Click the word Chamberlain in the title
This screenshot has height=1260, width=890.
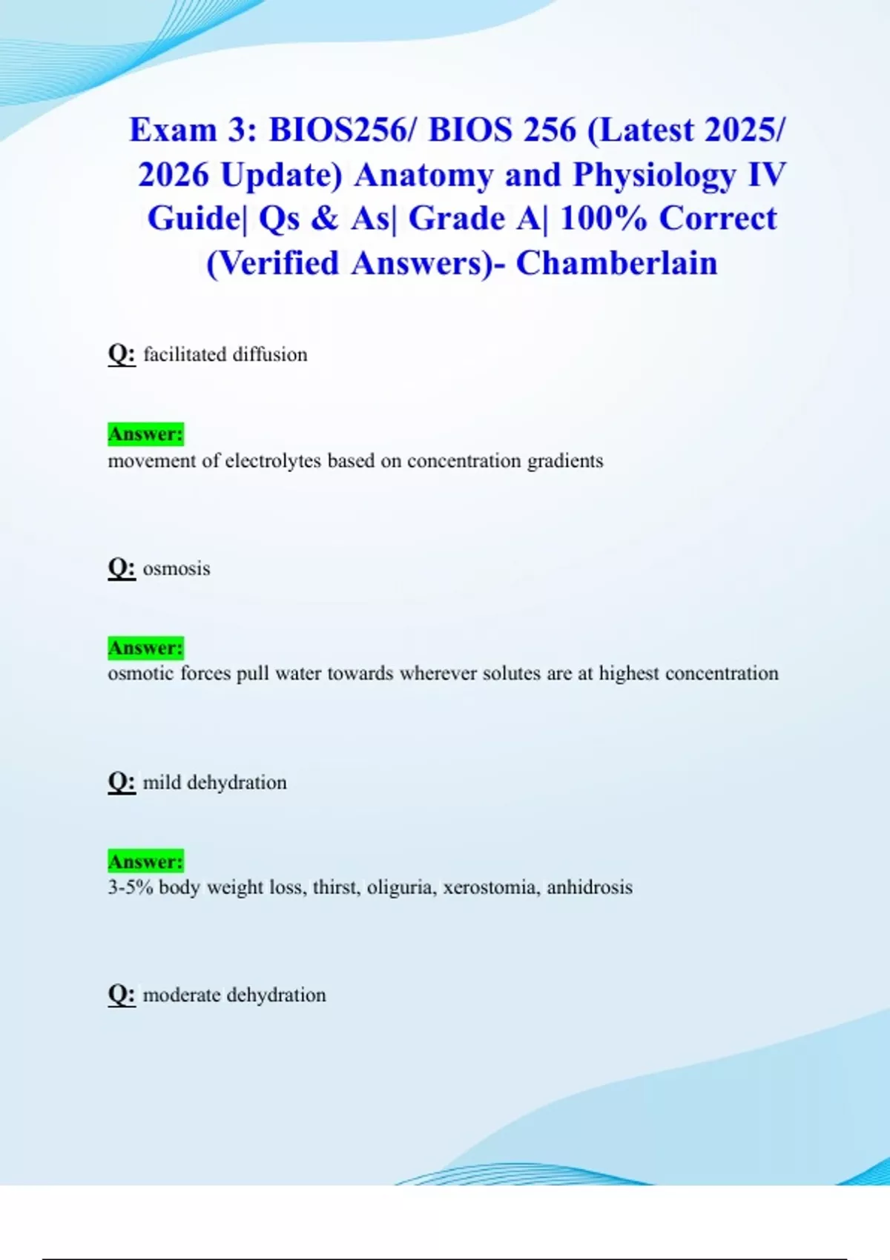(616, 263)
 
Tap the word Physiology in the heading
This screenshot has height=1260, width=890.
(653, 176)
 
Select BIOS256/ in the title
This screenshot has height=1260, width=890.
(338, 130)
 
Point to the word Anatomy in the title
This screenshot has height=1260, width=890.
(423, 176)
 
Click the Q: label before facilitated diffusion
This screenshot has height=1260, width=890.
(122, 354)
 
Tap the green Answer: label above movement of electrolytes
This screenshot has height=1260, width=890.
(145, 434)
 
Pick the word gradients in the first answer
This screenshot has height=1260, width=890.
(565, 461)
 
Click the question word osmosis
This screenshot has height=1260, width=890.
(177, 568)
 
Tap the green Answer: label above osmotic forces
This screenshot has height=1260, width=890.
(145, 648)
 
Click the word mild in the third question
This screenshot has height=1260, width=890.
(162, 783)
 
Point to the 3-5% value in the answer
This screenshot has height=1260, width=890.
(130, 887)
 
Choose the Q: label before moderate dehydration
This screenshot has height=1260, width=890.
(122, 995)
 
